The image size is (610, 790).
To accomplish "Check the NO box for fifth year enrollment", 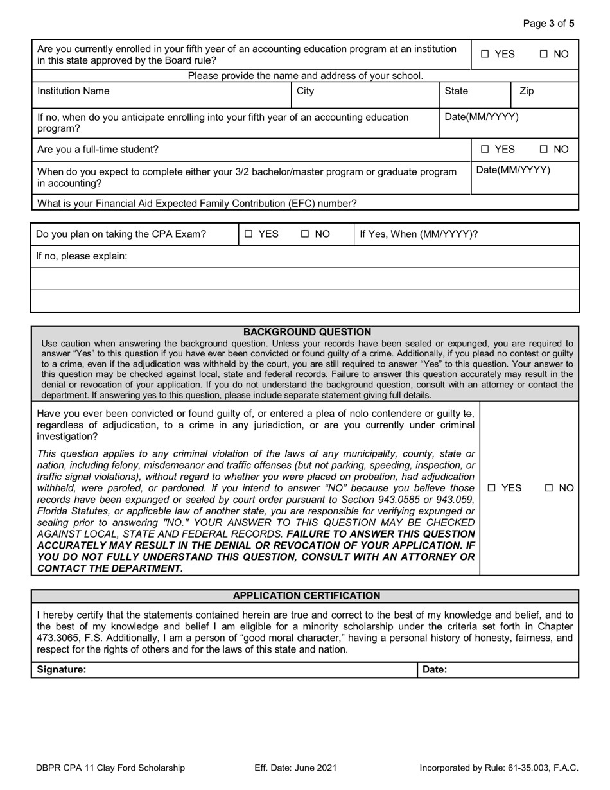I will [x=544, y=55].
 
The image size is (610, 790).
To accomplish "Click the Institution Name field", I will [x=161, y=96].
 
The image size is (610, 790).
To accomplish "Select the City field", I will [x=365, y=96].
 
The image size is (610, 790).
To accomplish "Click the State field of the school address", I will [x=475, y=96].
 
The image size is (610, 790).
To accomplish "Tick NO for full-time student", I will [x=544, y=150].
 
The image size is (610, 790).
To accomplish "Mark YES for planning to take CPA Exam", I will [x=249, y=234].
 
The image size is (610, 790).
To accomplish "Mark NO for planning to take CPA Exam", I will [x=305, y=234].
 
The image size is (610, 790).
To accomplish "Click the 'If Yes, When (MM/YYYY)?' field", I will [x=466, y=234].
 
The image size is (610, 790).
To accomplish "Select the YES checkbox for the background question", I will [x=491, y=488].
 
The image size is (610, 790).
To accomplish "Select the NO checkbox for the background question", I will [x=550, y=488].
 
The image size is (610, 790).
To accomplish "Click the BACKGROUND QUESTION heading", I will [x=307, y=332].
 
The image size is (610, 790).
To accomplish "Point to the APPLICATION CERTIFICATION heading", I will [x=306, y=596].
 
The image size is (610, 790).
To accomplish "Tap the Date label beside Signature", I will [x=435, y=669].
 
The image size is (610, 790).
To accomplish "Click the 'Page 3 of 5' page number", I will [x=549, y=24].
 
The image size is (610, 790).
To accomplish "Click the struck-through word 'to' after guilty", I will [x=469, y=414].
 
